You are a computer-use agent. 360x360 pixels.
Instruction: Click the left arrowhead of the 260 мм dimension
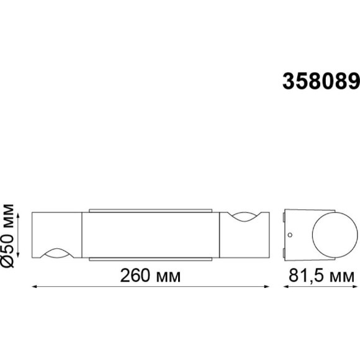[34, 287]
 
